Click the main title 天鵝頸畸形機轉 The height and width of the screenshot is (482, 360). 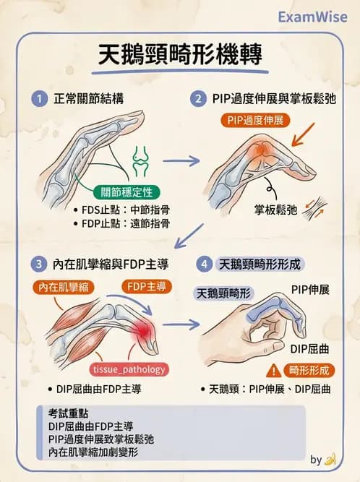click(180, 55)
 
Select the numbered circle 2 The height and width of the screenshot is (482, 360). click(197, 99)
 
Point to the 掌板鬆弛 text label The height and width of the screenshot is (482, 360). click(275, 210)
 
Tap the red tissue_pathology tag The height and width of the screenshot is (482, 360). click(129, 369)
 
